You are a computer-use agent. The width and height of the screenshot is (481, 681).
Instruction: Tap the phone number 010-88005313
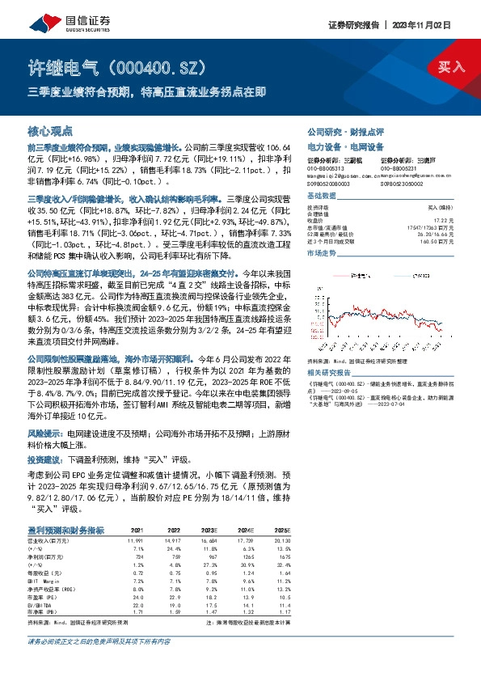click(327, 167)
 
